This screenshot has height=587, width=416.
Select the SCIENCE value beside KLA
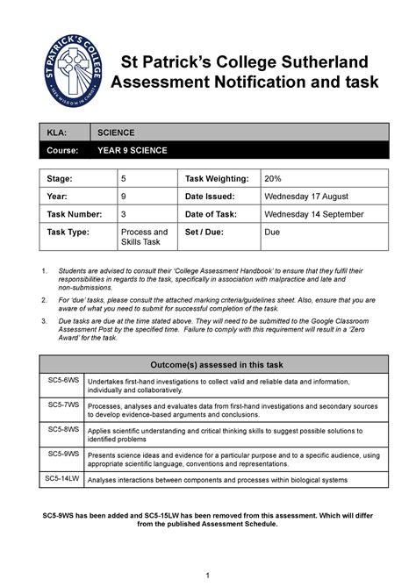[116, 133]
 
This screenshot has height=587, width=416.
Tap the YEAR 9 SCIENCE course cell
[133, 151]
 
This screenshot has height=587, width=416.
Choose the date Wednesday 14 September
[317, 214]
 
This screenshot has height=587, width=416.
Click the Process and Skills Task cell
[143, 238]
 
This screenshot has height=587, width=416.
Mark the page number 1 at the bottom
[207, 575]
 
